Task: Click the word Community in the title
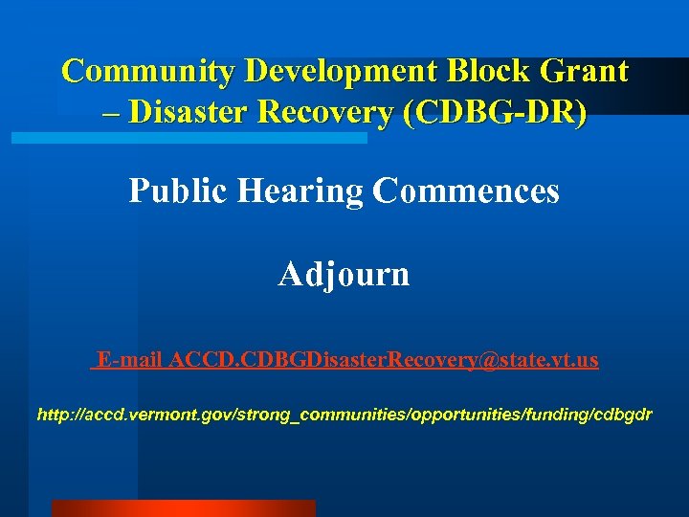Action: pos(148,72)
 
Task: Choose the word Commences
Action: pos(466,191)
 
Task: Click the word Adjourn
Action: pos(344,275)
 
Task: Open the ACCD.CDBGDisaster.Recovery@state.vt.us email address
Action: pos(384,360)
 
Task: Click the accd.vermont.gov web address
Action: pos(344,416)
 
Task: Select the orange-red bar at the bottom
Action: pos(183,508)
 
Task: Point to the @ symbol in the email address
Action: pos(496,360)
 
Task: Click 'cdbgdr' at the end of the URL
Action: pos(623,416)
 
